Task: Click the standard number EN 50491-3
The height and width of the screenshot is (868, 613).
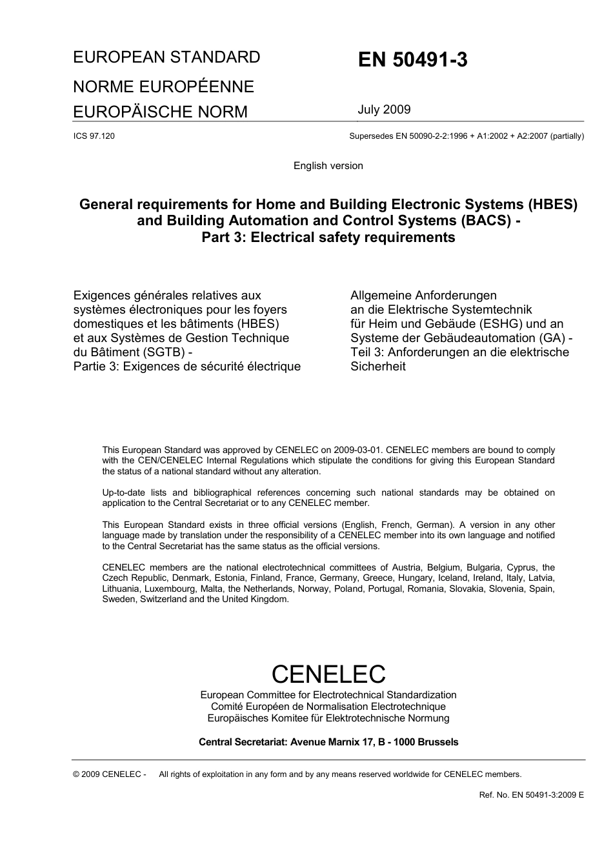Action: pos(413,60)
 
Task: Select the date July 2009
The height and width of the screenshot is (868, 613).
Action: pos(384,110)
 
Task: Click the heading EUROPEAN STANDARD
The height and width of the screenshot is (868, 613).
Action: pos(166,57)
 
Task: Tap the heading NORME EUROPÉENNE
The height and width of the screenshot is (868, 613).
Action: pos(163,86)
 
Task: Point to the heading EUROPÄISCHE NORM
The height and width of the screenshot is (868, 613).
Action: pos(160,112)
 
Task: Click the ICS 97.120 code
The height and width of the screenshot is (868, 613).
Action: pos(94,136)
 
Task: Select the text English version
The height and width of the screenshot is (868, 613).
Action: pos(328,166)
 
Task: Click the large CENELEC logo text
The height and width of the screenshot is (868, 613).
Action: pos(328,674)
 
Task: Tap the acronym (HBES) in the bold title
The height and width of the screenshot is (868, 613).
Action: pos(552,205)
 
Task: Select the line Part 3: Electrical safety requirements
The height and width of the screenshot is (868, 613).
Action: pos(328,237)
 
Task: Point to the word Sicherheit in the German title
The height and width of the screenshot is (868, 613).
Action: pos(378,367)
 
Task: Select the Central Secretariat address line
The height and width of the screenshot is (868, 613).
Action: pos(328,742)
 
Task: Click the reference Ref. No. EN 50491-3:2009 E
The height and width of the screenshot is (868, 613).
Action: pos(531,795)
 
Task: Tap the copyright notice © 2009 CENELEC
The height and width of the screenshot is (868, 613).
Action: pos(109,774)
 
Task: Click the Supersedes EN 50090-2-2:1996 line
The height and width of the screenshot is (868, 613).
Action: pos(466,136)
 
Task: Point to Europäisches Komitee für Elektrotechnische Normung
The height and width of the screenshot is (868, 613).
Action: pos(328,718)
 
